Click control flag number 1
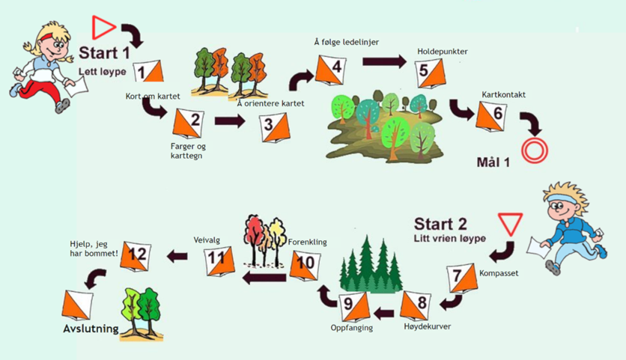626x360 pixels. coord(148,71)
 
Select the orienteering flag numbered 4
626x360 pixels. coord(329,70)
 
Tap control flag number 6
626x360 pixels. coord(490,115)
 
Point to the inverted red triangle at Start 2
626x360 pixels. coord(510,224)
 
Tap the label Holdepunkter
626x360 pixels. coord(443,52)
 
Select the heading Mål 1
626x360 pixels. coord(493,162)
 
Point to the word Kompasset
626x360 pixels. coord(498,273)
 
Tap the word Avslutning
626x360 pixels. coord(91,329)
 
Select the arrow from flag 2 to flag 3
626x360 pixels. coord(229,122)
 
